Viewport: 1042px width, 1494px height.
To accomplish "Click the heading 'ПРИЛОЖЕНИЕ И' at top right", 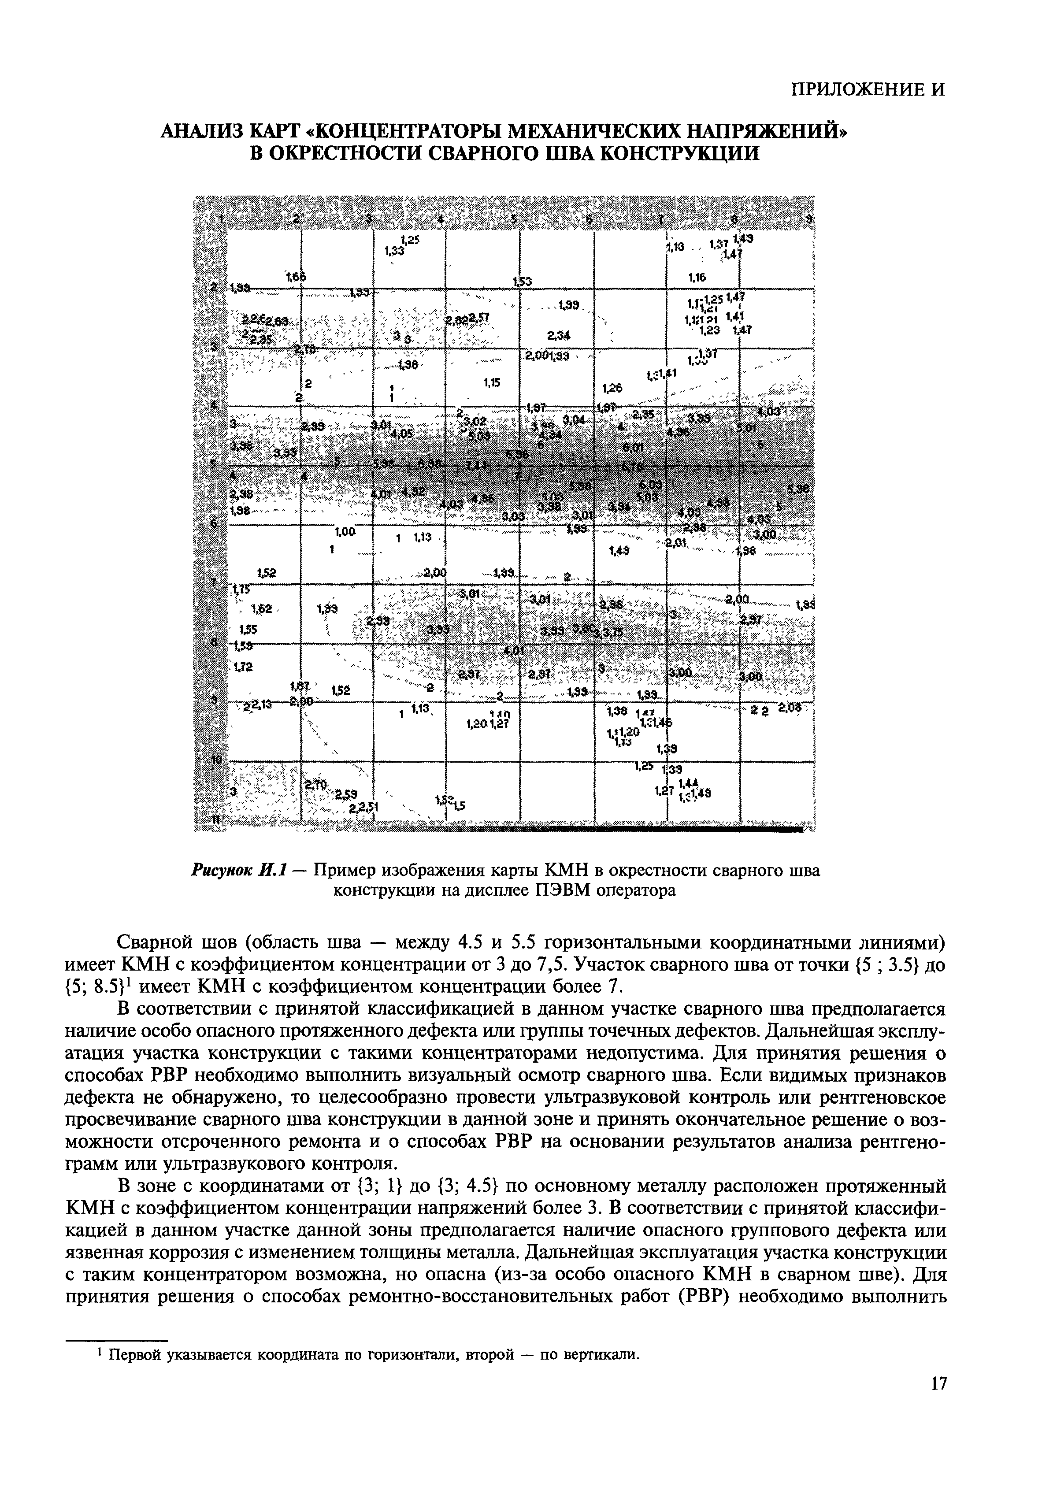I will tap(867, 89).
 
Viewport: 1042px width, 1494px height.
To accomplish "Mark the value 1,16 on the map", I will tap(697, 278).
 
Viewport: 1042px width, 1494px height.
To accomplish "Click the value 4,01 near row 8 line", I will tap(514, 650).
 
